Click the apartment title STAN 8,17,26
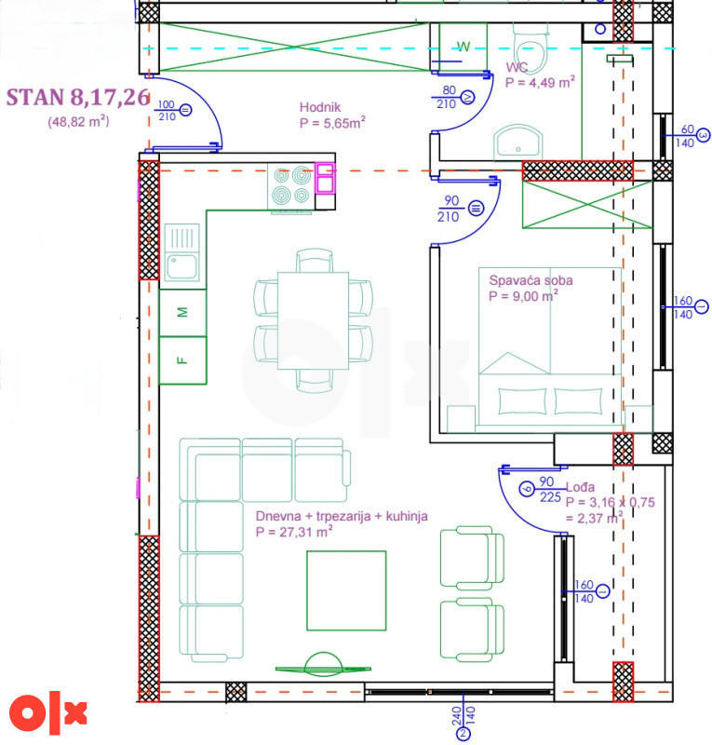click(x=78, y=98)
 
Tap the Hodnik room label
click(x=320, y=107)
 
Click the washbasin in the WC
click(x=518, y=142)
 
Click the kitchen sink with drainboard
click(x=181, y=251)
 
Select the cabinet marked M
click(x=182, y=313)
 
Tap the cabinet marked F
click(x=182, y=360)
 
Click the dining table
click(x=313, y=320)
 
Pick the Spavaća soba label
click(x=531, y=280)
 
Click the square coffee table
click(x=346, y=590)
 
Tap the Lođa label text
click(x=580, y=487)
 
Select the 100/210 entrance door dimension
click(x=167, y=111)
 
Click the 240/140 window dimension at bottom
click(x=463, y=715)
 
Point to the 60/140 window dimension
click(x=687, y=136)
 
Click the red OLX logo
click(x=47, y=713)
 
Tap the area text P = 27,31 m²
click(x=294, y=532)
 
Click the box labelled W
click(x=463, y=47)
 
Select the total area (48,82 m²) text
click(x=78, y=122)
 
